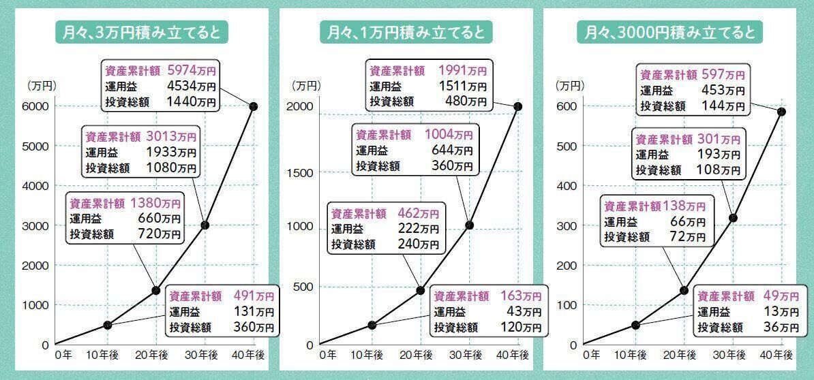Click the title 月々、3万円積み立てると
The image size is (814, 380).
(x=141, y=33)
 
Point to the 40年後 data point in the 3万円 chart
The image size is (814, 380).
(x=253, y=106)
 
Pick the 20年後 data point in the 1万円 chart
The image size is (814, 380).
(x=420, y=291)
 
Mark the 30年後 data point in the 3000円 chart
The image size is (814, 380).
(x=733, y=218)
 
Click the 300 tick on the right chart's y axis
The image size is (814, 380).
(x=567, y=225)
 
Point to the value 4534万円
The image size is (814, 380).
(x=192, y=86)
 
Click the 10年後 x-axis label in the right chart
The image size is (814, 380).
(x=635, y=355)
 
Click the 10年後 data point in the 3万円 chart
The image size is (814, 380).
(x=107, y=324)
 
